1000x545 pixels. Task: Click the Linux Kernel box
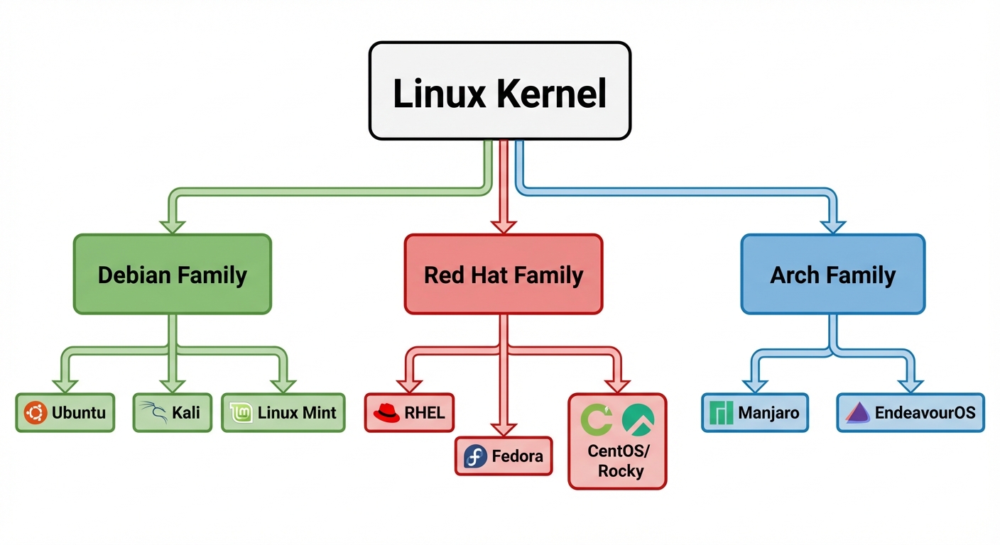coord(499,90)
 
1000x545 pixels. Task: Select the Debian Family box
coord(172,275)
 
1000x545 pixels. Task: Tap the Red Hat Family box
coord(503,275)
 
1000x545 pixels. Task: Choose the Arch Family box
coord(832,275)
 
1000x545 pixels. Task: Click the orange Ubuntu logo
coord(36,412)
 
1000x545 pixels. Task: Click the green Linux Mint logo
coord(241,412)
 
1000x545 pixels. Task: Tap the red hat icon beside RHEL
coord(386,412)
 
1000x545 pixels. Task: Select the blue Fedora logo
coord(475,456)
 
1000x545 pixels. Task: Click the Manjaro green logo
coord(721,412)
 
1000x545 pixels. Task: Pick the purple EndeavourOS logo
coord(858,412)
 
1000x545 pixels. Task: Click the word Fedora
coord(517,456)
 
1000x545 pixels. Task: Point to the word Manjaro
coord(768,412)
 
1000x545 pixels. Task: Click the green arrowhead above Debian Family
coord(172,226)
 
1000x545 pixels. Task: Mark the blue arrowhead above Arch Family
coord(832,226)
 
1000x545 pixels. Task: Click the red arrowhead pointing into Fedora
coord(503,429)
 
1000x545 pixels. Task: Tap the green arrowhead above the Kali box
coord(172,385)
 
